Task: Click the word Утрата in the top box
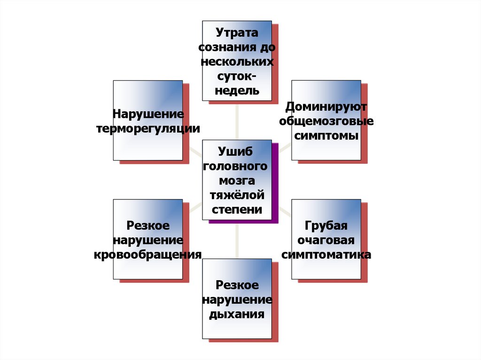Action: (237, 33)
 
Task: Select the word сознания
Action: (225, 47)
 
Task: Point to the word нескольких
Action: (237, 62)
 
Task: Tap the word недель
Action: (237, 90)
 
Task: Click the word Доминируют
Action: (326, 107)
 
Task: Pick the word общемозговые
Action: (326, 121)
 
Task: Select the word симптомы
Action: (326, 136)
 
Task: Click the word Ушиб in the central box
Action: (237, 152)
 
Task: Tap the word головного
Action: (237, 166)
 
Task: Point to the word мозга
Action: (237, 181)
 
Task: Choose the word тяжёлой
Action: (237, 195)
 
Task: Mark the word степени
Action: (237, 209)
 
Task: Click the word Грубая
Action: (326, 226)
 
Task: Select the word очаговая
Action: (326, 240)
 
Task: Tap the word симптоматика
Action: (326, 255)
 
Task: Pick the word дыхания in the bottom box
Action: (237, 314)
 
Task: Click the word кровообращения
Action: (147, 255)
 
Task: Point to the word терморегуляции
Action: (147, 129)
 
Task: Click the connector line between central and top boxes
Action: (237, 120)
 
